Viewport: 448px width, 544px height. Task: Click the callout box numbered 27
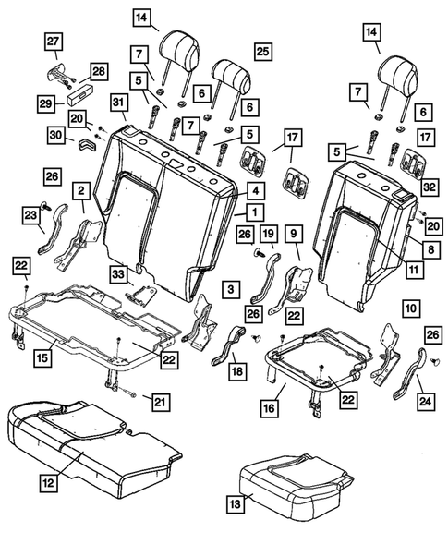[x=53, y=41]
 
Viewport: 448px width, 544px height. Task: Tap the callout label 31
[x=118, y=101]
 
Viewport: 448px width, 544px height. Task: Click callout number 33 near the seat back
[x=118, y=273]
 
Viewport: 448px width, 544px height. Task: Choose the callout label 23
[x=30, y=216]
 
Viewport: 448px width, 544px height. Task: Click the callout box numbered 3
[x=226, y=292]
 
